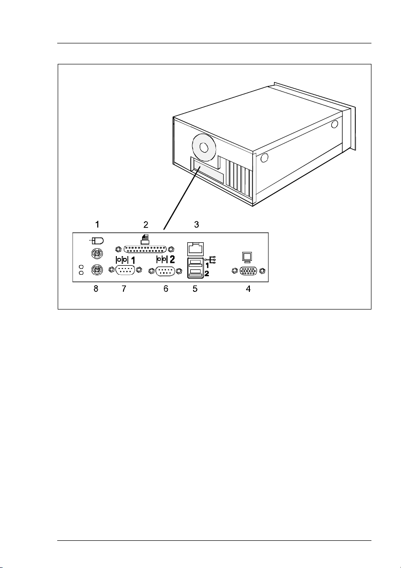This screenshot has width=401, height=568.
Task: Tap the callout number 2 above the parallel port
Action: [146, 223]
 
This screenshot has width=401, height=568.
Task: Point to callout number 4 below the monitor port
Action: [247, 289]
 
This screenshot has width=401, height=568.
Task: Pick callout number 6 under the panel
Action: [166, 289]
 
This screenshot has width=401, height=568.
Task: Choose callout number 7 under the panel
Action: [124, 289]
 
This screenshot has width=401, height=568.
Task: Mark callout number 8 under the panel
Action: [96, 289]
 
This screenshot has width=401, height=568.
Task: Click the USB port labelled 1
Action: [195, 262]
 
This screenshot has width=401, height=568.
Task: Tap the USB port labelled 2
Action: [195, 272]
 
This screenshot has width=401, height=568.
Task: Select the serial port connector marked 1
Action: [124, 270]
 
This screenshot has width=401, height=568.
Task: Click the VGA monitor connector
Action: [247, 271]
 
